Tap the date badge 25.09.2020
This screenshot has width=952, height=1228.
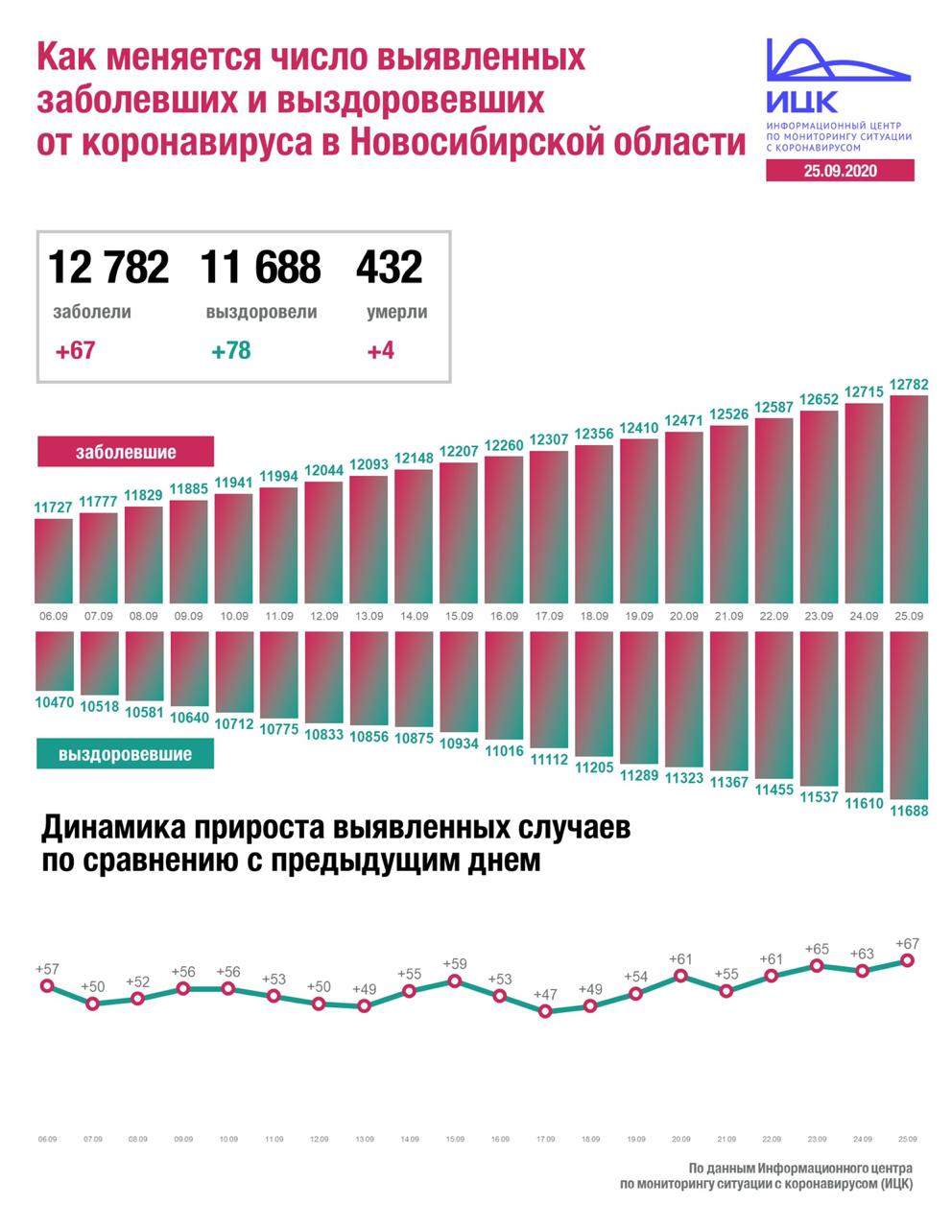click(x=840, y=171)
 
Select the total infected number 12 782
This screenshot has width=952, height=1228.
click(x=108, y=267)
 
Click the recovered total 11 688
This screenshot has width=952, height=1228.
click(x=261, y=267)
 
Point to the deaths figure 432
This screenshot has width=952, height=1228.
click(x=389, y=267)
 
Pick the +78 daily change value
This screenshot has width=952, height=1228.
click(x=231, y=350)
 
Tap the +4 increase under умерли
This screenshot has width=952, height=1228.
click(x=381, y=350)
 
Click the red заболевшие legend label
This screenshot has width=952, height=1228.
click(x=126, y=451)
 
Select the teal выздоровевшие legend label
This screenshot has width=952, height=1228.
click(x=125, y=754)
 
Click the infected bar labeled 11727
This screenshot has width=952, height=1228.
click(x=54, y=560)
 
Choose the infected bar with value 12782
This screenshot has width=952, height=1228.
click(x=909, y=499)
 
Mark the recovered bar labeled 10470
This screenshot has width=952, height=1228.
click(x=54, y=661)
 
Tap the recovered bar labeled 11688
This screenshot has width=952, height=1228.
click(x=909, y=715)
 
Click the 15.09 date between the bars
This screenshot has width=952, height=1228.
click(x=459, y=616)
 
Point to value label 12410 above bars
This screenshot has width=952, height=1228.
click(x=639, y=427)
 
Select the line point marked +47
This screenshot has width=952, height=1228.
click(x=546, y=1010)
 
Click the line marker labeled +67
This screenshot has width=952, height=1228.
click(x=907, y=960)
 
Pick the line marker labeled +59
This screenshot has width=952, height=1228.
click(x=455, y=981)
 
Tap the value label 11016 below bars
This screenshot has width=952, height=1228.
click(x=505, y=751)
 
